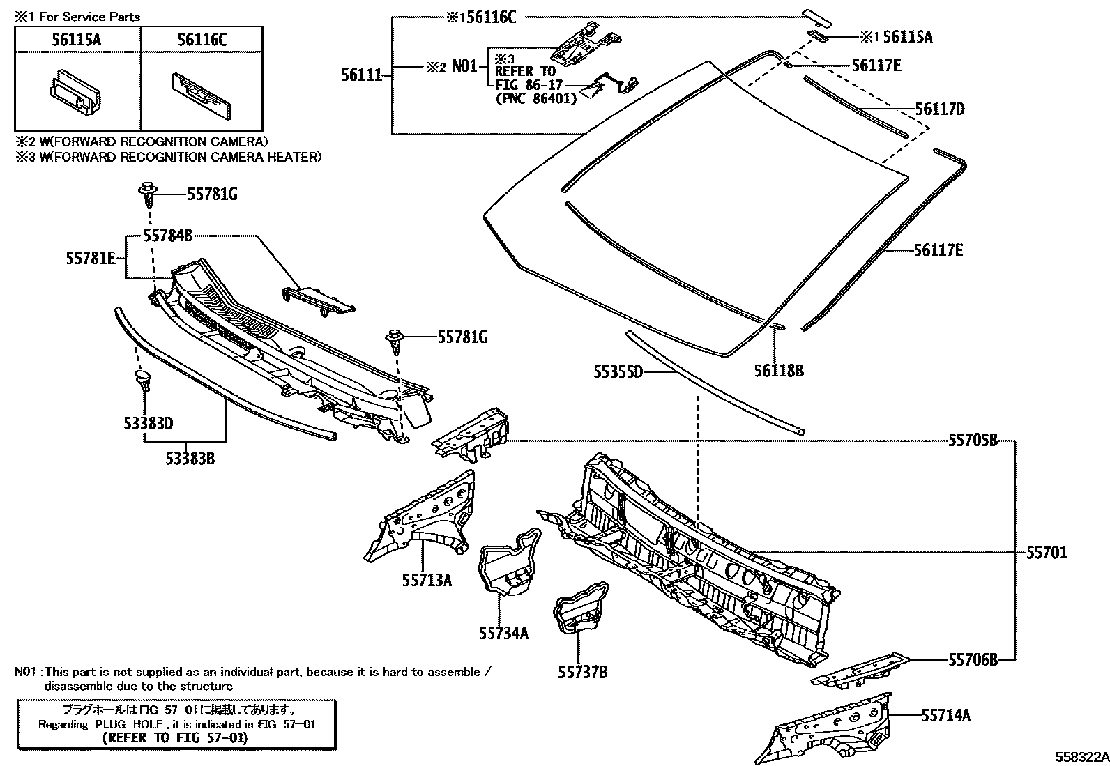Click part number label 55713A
coord(427,579)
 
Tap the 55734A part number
coord(503,633)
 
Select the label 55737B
coord(582,672)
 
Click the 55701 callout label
coord(1046,553)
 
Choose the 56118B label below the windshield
coord(778,371)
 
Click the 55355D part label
coord(618,372)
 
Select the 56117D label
coord(940,109)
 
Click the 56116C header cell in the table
coord(202,40)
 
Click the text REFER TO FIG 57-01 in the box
coord(174,737)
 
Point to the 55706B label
coord(973,659)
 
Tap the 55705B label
coord(973,441)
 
